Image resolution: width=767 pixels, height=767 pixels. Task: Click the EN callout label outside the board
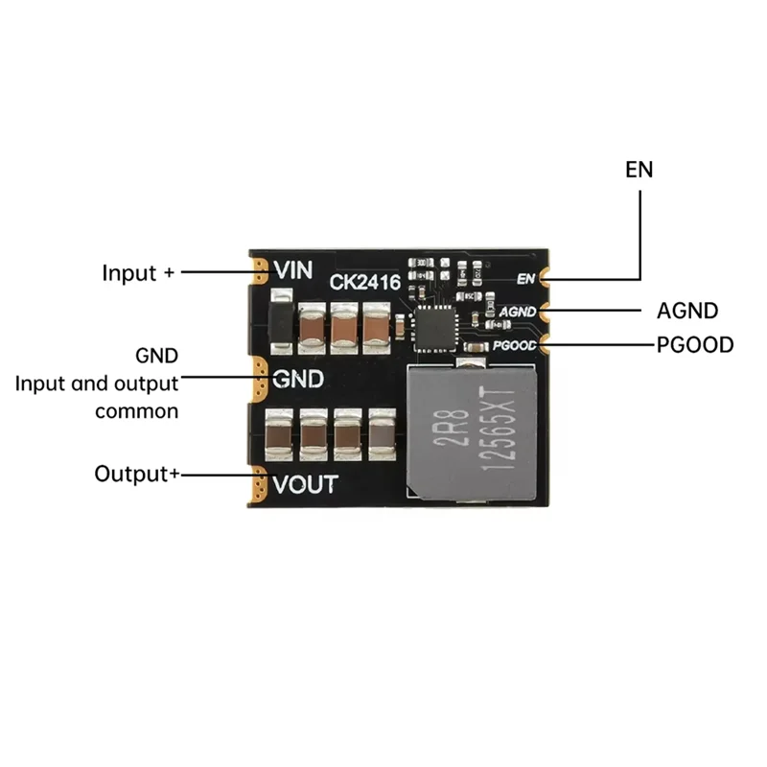coord(639,171)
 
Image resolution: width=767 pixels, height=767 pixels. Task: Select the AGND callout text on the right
coord(687,311)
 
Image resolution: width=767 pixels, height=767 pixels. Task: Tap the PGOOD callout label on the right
coord(695,344)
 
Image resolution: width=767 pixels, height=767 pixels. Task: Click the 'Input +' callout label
coord(139,272)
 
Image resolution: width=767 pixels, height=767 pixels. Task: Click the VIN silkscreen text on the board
coord(293,270)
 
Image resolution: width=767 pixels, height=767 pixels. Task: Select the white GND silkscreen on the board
coord(298,378)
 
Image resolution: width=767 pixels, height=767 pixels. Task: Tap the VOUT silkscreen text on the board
coord(305,484)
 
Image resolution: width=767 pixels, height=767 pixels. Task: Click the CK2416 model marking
coord(364,283)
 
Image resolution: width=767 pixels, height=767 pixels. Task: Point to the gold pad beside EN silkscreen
coord(545,279)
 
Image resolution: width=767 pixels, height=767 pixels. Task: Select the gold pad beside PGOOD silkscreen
coord(545,343)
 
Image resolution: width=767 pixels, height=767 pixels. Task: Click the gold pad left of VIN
coord(259,270)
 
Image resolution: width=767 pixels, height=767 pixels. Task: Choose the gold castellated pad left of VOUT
coord(259,485)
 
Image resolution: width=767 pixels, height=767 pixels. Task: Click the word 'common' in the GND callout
coord(136,411)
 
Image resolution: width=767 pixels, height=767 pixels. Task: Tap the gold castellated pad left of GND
coord(259,378)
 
